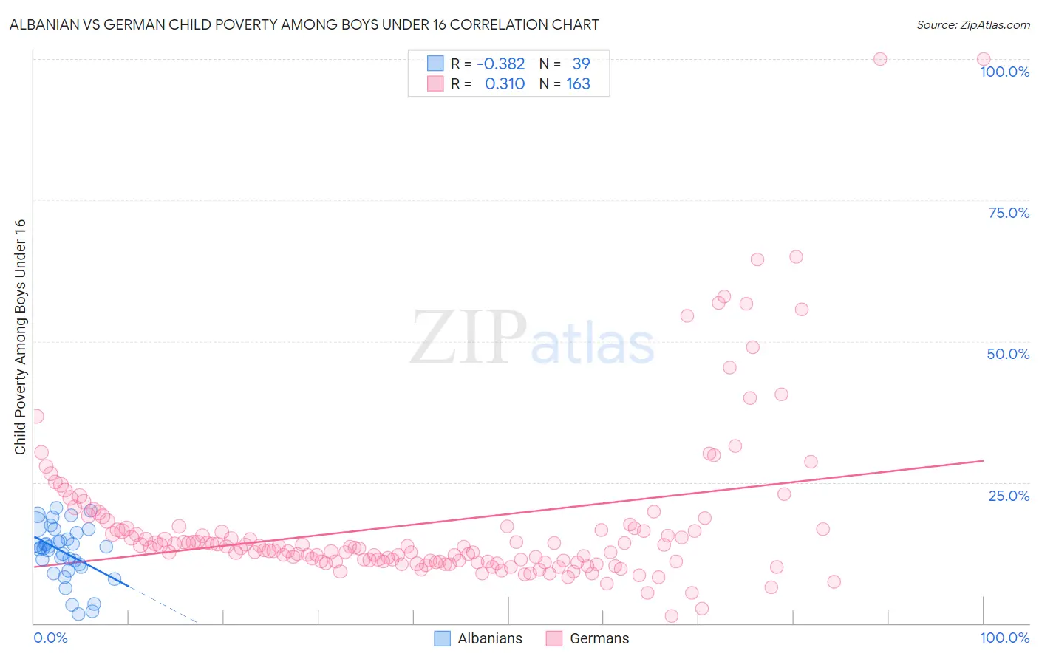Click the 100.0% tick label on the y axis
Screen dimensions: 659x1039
1004,72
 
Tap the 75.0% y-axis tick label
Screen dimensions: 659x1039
1009,213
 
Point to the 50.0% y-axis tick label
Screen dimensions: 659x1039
1008,354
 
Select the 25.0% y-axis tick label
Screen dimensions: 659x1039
1009,496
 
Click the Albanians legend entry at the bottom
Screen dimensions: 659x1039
489,639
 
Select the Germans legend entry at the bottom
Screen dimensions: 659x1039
599,639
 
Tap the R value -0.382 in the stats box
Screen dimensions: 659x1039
500,64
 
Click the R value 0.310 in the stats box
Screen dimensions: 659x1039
504,84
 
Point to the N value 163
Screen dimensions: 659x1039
578,84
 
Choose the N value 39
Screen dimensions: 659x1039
581,64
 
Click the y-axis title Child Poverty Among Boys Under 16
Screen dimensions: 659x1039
20,337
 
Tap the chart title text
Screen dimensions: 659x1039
304,24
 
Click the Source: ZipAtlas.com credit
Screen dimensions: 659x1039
972,24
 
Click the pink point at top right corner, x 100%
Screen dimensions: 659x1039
984,59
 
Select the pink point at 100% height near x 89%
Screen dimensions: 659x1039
880,59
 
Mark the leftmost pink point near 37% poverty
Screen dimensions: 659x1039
36,416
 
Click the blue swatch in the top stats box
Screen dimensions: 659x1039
435,64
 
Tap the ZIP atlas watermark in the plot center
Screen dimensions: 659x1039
532,338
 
